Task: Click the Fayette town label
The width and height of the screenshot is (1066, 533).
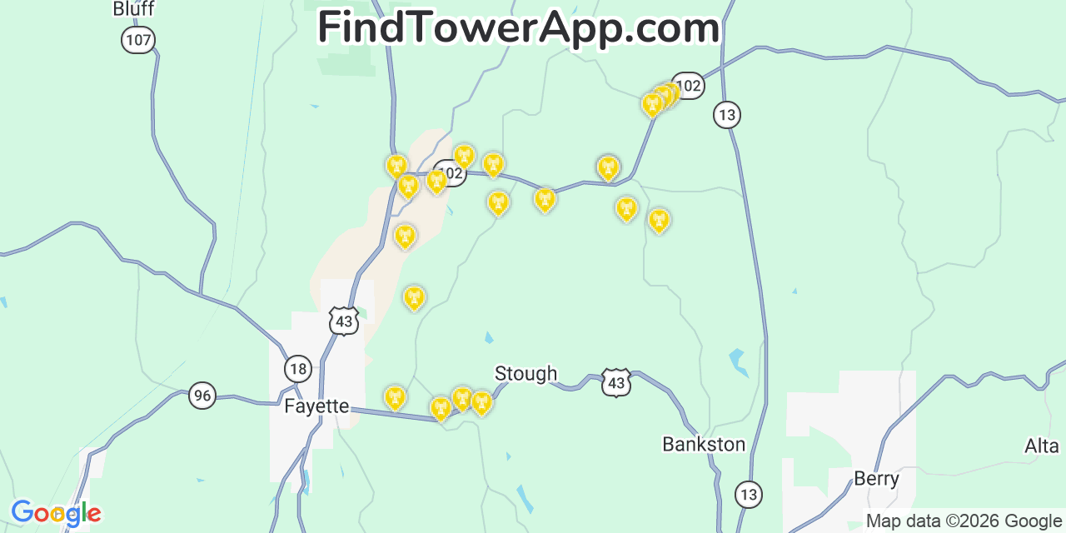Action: pos(316,406)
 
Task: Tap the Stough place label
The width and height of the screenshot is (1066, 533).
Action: pos(526,374)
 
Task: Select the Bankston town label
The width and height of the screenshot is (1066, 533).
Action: pos(704,444)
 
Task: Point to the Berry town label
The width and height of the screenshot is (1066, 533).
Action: pos(876,479)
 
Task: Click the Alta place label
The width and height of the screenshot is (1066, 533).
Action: pos(1041,446)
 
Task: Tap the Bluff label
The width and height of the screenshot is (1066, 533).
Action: pos(133,9)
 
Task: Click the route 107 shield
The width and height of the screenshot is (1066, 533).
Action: pos(138,39)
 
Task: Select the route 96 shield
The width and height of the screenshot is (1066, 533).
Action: pos(202,395)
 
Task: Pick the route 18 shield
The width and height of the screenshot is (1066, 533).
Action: pos(297,368)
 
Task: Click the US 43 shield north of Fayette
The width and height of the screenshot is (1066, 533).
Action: pos(343,320)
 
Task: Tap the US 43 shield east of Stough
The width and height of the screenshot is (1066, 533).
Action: pos(615,382)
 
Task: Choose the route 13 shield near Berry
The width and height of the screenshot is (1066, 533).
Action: pos(749,495)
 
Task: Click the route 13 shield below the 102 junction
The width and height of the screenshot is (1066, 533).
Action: pos(727,115)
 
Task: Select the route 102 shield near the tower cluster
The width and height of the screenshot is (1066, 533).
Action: pos(688,85)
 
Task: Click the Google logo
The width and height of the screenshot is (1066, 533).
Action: pos(56,513)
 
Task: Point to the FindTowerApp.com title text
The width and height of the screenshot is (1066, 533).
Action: pos(518,28)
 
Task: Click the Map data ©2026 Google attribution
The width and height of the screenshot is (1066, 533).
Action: pos(964,521)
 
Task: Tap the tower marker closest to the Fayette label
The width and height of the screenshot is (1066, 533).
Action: pos(395,397)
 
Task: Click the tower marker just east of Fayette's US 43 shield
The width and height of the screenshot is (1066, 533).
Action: pos(413,297)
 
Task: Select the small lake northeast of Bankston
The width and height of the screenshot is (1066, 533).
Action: pos(737,361)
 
